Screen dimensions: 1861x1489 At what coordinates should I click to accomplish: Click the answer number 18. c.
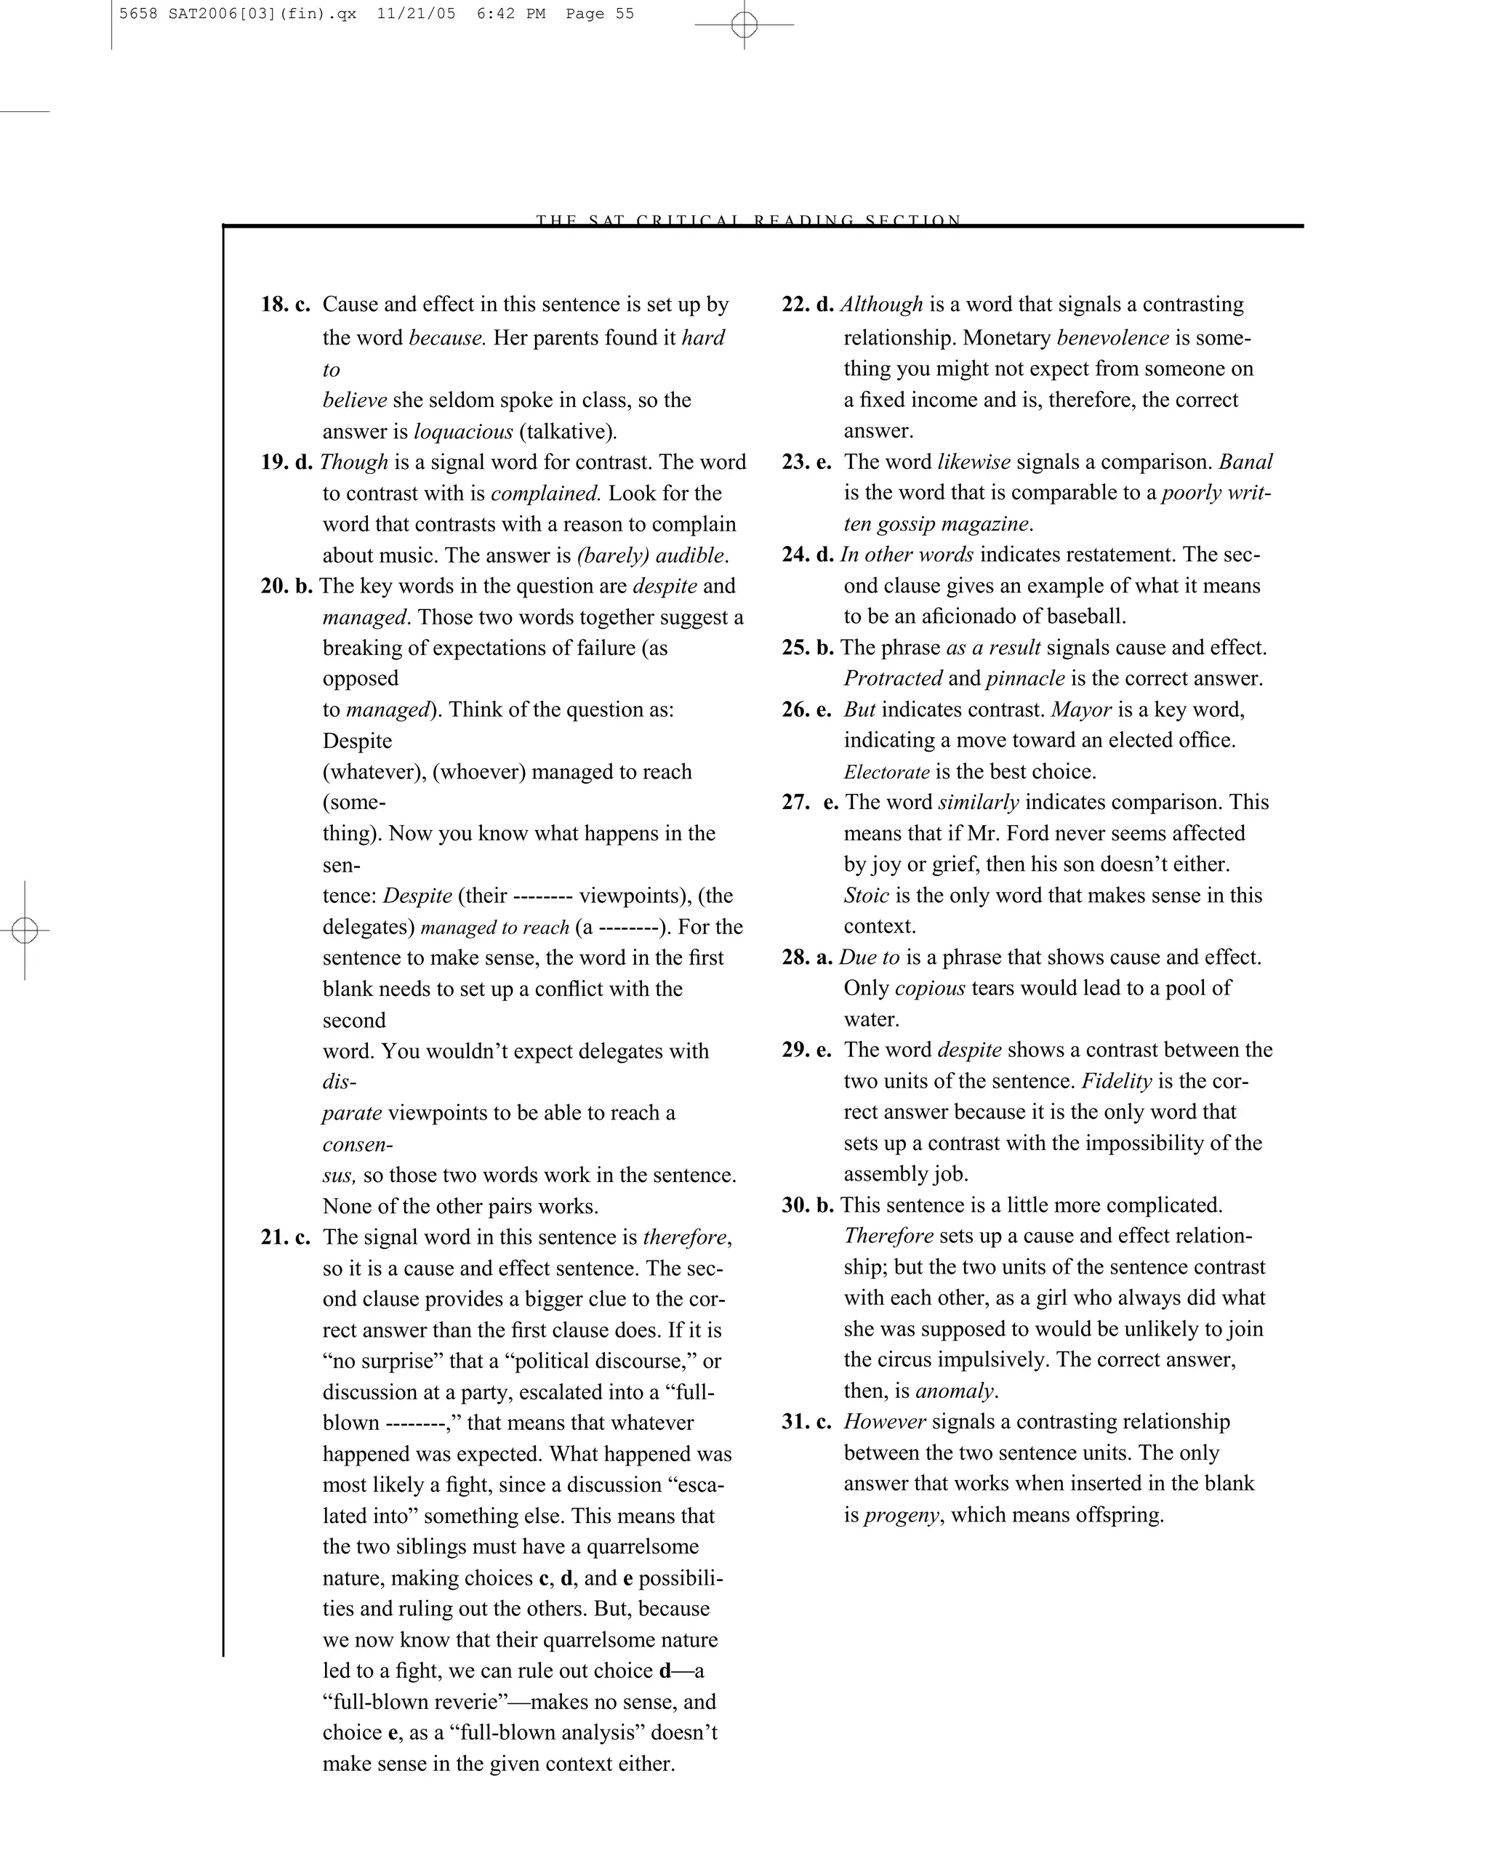tap(285, 305)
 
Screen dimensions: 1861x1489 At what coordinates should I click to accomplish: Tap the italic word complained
tap(545, 494)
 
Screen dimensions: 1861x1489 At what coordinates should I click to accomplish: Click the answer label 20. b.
tap(286, 586)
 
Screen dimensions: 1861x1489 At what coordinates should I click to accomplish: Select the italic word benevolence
tap(1112, 337)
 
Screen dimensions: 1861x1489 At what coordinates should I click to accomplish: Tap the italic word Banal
tap(1245, 462)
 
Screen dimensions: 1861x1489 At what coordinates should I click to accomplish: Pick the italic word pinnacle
tap(1024, 678)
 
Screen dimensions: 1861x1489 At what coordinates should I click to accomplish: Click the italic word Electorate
tap(886, 772)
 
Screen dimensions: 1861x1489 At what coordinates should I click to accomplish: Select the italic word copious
tap(930, 989)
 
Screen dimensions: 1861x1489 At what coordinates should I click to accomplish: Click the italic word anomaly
tap(955, 1391)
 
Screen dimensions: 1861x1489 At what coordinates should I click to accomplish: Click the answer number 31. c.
tap(806, 1422)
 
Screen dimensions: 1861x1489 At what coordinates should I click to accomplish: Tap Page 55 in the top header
tap(599, 14)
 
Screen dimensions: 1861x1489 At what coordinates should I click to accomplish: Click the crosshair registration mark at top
tap(744, 25)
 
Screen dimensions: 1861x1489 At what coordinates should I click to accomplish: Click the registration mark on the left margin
tap(25, 930)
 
